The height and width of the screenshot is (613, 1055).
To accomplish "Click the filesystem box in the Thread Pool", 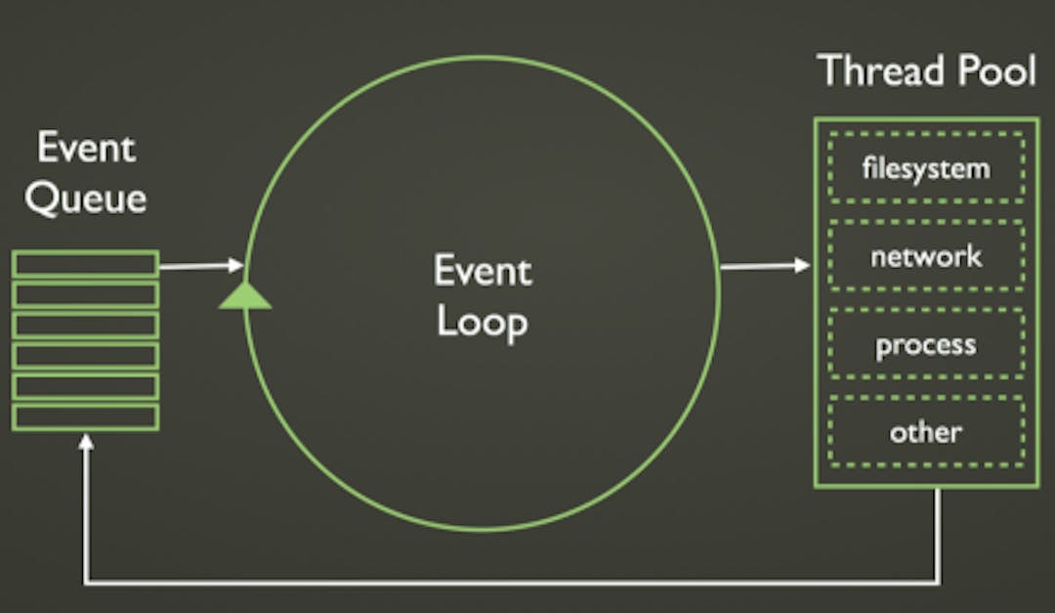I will (x=925, y=168).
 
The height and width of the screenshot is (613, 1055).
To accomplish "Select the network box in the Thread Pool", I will (x=925, y=256).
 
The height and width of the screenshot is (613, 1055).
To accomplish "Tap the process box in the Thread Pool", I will (x=925, y=344).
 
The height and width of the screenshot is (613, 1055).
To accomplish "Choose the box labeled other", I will (x=925, y=431).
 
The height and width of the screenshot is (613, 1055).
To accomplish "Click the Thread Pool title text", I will (x=926, y=71).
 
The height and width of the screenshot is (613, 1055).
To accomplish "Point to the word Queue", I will (x=86, y=198).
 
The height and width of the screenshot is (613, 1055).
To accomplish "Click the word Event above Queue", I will (x=86, y=150).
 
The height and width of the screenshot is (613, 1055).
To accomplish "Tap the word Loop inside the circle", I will (x=482, y=321).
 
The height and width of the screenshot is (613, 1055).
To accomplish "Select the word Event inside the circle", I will (x=482, y=271).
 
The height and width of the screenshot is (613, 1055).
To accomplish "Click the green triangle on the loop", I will (x=244, y=295).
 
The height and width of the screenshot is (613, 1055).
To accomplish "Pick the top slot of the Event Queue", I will (x=86, y=264).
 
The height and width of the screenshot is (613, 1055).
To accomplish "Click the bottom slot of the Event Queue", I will (x=86, y=416).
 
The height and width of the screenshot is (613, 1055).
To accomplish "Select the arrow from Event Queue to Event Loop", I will (x=200, y=265).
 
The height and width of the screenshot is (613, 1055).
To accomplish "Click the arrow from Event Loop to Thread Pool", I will (x=765, y=265).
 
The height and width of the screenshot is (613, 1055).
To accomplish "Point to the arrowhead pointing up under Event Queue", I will (x=86, y=442).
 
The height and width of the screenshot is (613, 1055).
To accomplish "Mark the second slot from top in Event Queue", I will (x=86, y=294).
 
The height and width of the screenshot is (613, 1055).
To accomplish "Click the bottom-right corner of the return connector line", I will (x=940, y=584).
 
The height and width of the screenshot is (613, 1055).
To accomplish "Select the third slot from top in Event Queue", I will (x=86, y=325).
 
